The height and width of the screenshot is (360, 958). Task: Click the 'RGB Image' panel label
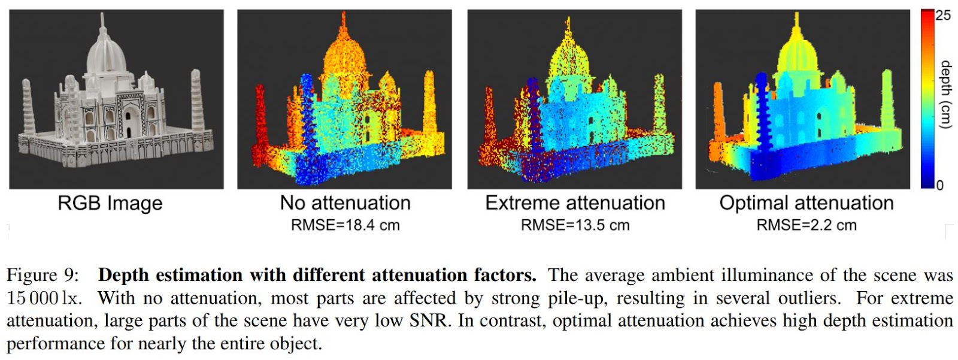pyautogui.click(x=110, y=204)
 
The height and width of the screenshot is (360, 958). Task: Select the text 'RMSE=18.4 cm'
pyautogui.click(x=345, y=225)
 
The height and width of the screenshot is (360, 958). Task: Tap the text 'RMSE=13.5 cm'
pyautogui.click(x=575, y=225)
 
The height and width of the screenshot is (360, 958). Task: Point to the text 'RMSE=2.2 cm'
pyautogui.click(x=806, y=225)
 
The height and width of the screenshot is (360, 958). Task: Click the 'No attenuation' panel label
pyautogui.click(x=345, y=203)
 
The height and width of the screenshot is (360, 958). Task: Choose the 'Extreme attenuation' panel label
pyautogui.click(x=575, y=203)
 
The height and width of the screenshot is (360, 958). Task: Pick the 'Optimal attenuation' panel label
pyautogui.click(x=806, y=203)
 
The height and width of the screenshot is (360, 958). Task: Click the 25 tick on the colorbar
pyautogui.click(x=943, y=16)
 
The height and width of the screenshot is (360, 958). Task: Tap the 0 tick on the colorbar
pyautogui.click(x=939, y=185)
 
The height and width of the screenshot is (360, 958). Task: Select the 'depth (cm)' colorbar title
pyautogui.click(x=945, y=95)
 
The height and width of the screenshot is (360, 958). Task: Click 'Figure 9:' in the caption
pyautogui.click(x=43, y=276)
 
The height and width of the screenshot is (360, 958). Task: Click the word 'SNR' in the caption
pyautogui.click(x=429, y=321)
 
